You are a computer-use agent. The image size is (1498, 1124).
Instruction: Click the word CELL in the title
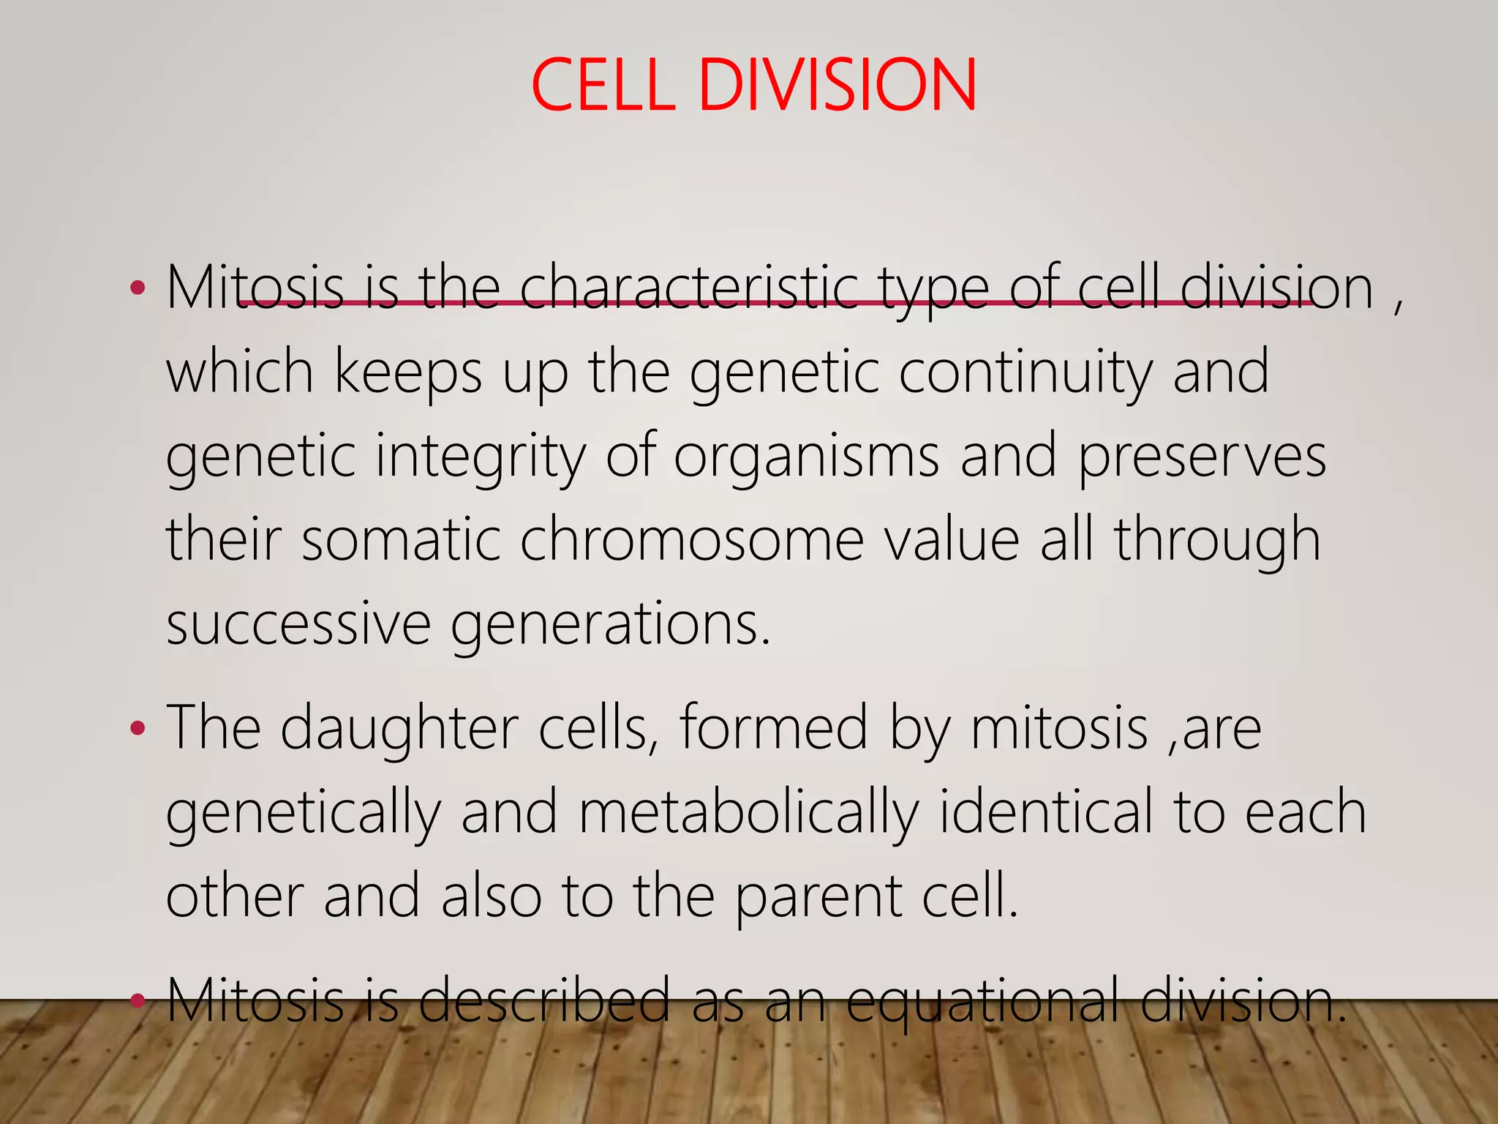603,86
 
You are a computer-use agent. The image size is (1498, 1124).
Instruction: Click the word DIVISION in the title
838,86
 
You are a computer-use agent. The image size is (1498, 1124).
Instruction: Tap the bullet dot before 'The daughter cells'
137,729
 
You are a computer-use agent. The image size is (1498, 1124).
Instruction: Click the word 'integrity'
481,456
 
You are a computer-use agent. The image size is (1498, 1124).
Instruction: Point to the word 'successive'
298,623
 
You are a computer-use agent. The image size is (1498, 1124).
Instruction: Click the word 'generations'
610,623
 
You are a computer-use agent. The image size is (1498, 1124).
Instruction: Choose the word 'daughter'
399,729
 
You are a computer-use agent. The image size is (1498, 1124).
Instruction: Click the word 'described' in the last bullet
544,1000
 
